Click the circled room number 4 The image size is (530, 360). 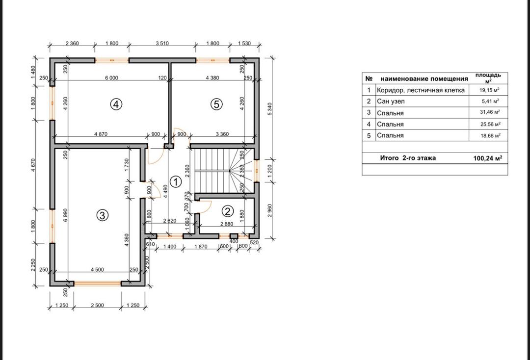[x=116, y=104]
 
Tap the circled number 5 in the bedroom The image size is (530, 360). [x=216, y=104]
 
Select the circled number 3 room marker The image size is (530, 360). [x=103, y=215]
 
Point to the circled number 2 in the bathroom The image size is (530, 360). [x=228, y=211]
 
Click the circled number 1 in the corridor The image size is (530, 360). [x=175, y=182]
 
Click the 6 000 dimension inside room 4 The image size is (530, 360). [x=111, y=77]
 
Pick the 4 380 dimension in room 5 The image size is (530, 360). [x=212, y=77]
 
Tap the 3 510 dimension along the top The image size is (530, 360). [x=162, y=43]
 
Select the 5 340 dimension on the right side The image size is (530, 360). [x=269, y=109]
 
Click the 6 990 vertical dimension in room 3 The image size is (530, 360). [x=65, y=215]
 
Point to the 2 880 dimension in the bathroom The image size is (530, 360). [x=226, y=224]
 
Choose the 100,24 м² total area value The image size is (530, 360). [x=487, y=158]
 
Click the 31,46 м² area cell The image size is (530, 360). [x=490, y=112]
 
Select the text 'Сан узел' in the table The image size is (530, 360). [x=391, y=102]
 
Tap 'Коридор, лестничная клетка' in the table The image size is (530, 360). [x=421, y=90]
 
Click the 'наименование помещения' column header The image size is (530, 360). [x=424, y=78]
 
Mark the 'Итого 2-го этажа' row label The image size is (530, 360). [x=408, y=158]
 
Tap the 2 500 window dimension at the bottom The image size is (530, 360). [x=97, y=305]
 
